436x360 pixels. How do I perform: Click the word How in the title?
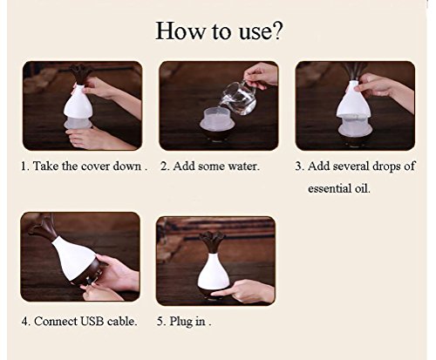pos(180,31)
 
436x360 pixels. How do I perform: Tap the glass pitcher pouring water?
pos(239,98)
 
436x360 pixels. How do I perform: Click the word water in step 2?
pos(243,166)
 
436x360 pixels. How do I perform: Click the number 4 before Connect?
pos(25,322)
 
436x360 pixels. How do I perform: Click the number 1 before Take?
pos(24,166)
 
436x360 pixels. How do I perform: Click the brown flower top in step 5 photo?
pos(212,241)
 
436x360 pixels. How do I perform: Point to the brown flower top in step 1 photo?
pos(81,73)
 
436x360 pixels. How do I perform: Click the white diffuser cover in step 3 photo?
pos(352,100)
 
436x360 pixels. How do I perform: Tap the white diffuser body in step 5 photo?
pos(213,272)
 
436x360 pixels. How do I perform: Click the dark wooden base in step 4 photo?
pos(88,275)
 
